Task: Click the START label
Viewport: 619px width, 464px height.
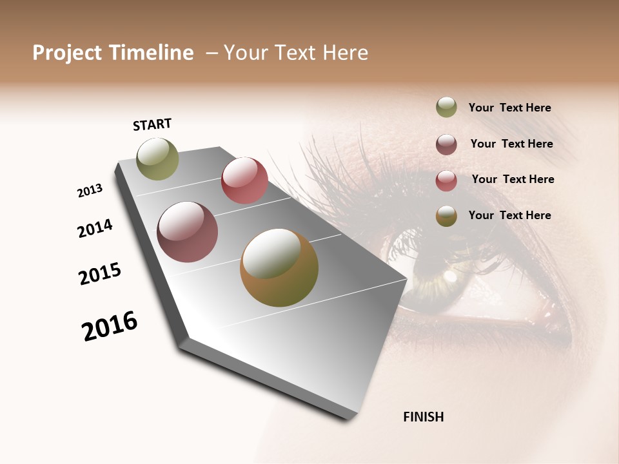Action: pyautogui.click(x=152, y=124)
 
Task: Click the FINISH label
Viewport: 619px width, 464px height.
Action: pyautogui.click(x=423, y=417)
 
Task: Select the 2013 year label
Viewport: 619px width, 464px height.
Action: pyautogui.click(x=90, y=191)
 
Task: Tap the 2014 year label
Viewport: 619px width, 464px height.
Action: pyautogui.click(x=95, y=228)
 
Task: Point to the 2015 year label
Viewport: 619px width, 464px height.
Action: pyautogui.click(x=100, y=274)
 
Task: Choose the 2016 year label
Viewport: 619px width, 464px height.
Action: pyautogui.click(x=110, y=326)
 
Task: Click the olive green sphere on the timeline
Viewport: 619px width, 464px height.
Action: pyautogui.click(x=157, y=159)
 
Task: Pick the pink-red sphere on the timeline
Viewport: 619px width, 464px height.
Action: pyautogui.click(x=244, y=180)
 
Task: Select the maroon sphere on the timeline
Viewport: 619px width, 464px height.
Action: pyautogui.click(x=187, y=232)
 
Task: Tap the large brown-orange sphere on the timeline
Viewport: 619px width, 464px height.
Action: pyautogui.click(x=279, y=267)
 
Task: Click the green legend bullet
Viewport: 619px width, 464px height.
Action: pyautogui.click(x=446, y=108)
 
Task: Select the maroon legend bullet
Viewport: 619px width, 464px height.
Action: pyautogui.click(x=446, y=144)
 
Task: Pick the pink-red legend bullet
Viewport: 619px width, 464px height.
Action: pyautogui.click(x=446, y=180)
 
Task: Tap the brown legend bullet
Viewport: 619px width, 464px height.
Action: pyautogui.click(x=446, y=217)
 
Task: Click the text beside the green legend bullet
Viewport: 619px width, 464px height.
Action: pyautogui.click(x=509, y=108)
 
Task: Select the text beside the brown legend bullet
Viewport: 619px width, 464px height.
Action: pyautogui.click(x=509, y=215)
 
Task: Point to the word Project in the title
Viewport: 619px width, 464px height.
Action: pyautogui.click(x=68, y=53)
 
